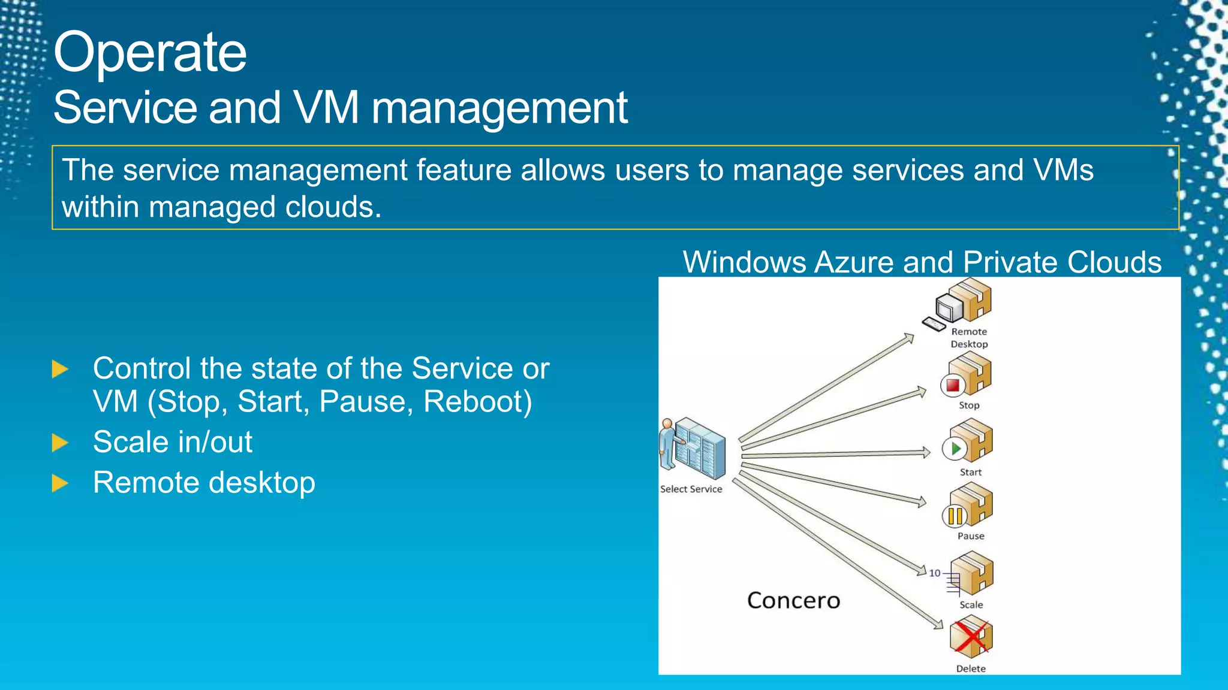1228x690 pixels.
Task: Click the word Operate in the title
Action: pos(150,53)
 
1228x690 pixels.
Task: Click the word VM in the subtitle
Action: pos(327,108)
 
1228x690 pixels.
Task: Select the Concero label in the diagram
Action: pos(793,600)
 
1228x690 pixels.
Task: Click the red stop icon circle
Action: pos(952,385)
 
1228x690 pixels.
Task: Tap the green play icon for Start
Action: pos(955,448)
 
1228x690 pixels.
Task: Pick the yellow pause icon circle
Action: pos(955,516)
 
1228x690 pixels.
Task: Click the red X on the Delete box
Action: pos(970,637)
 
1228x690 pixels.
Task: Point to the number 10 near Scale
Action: pos(934,573)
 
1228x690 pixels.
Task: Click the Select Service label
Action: pos(691,489)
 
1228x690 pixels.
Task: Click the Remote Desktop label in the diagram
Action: pos(969,338)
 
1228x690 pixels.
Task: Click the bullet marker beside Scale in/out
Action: pos(60,443)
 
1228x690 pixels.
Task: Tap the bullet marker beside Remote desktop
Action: pos(60,483)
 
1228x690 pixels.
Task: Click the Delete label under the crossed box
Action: pos(971,668)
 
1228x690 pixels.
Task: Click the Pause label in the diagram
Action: pos(971,536)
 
